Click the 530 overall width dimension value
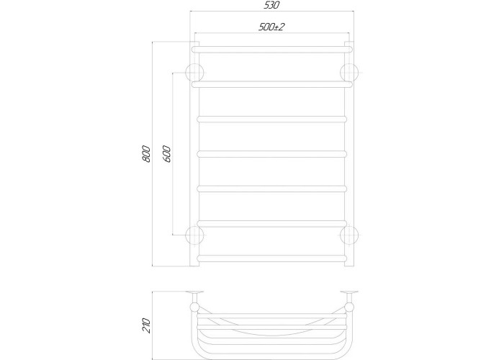[x=271, y=6]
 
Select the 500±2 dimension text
[x=271, y=27]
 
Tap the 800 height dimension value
[x=146, y=154]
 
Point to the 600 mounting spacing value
[x=166, y=154]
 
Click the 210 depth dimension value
[x=146, y=325]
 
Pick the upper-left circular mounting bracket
[x=195, y=72]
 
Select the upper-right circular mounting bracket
[x=349, y=72]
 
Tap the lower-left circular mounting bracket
[x=195, y=235]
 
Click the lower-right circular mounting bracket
[x=349, y=235]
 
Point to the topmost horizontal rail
[x=272, y=50]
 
